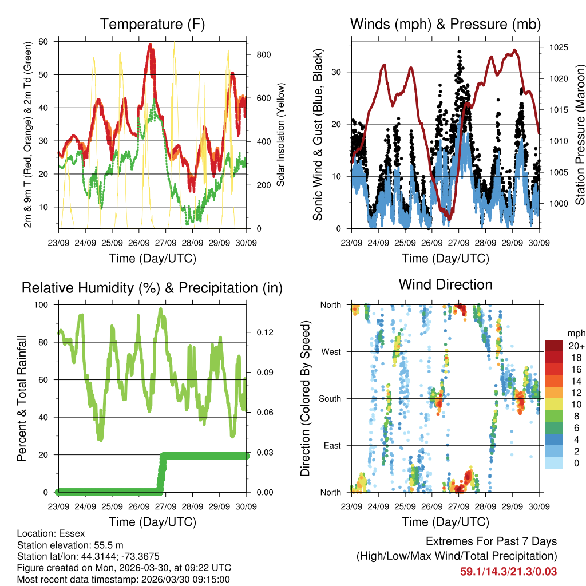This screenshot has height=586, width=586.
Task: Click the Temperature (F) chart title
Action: (152, 25)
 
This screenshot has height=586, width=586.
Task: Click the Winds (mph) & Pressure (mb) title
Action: (445, 25)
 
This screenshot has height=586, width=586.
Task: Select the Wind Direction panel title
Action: (445, 284)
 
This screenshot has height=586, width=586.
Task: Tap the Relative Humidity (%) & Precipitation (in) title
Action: (152, 288)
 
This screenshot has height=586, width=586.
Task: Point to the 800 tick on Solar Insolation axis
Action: (264, 54)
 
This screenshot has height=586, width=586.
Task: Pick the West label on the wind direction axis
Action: (331, 351)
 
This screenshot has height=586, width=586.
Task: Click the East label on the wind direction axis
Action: (332, 445)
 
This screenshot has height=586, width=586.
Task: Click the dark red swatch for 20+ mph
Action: (553, 346)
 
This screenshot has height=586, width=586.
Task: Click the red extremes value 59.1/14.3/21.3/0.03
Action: (508, 571)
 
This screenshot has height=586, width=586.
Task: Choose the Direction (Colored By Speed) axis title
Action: (306, 398)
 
